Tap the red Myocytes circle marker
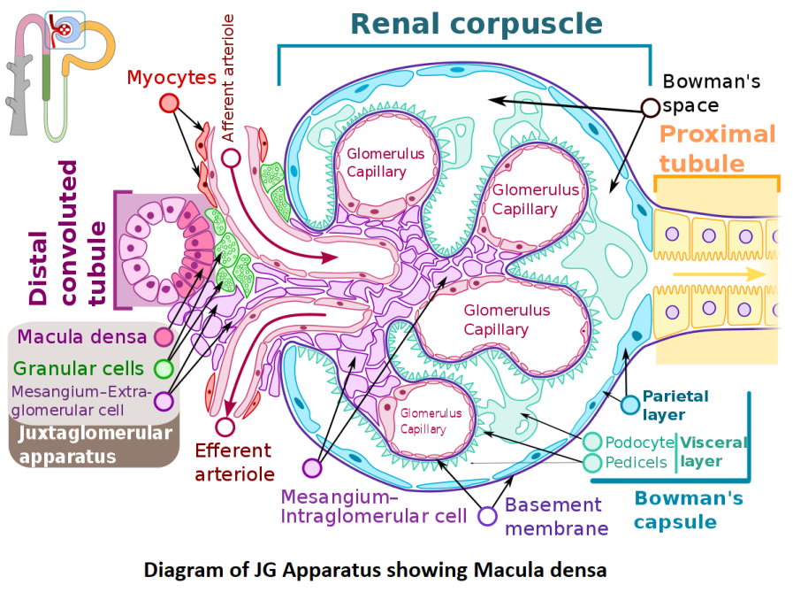click(169, 103)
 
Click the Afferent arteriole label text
click(229, 78)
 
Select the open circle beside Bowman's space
click(650, 108)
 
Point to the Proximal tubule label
click(717, 149)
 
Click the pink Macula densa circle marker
click(163, 337)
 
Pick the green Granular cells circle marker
click(163, 369)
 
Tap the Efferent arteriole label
click(234, 462)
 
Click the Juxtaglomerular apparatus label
click(95, 444)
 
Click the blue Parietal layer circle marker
click(629, 405)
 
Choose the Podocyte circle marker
click(592, 443)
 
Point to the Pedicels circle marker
click(592, 462)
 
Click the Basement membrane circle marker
click(487, 516)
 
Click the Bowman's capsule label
click(688, 510)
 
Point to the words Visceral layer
click(713, 451)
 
